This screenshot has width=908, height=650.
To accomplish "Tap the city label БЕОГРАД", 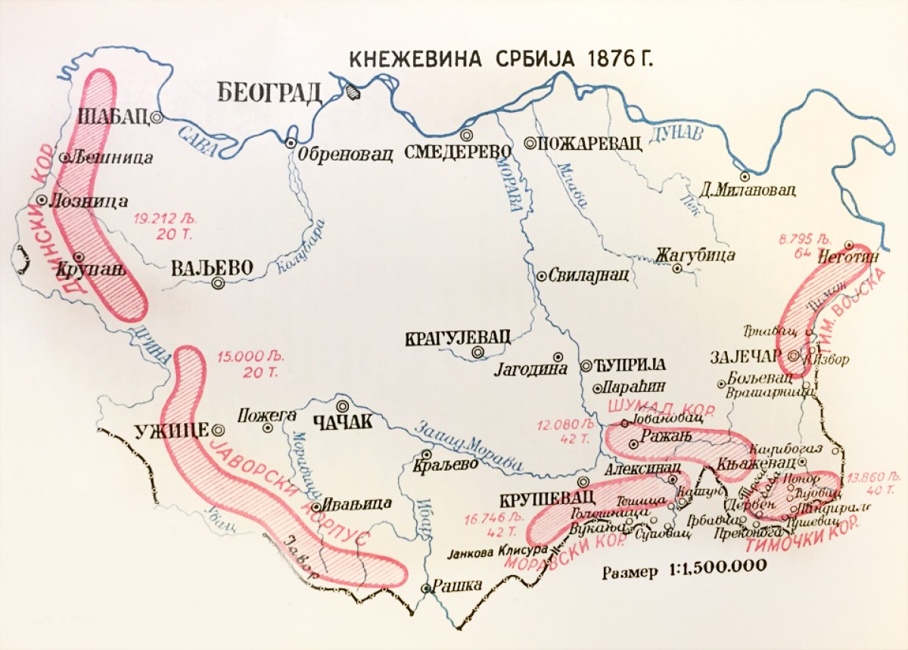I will tap(269, 92).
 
